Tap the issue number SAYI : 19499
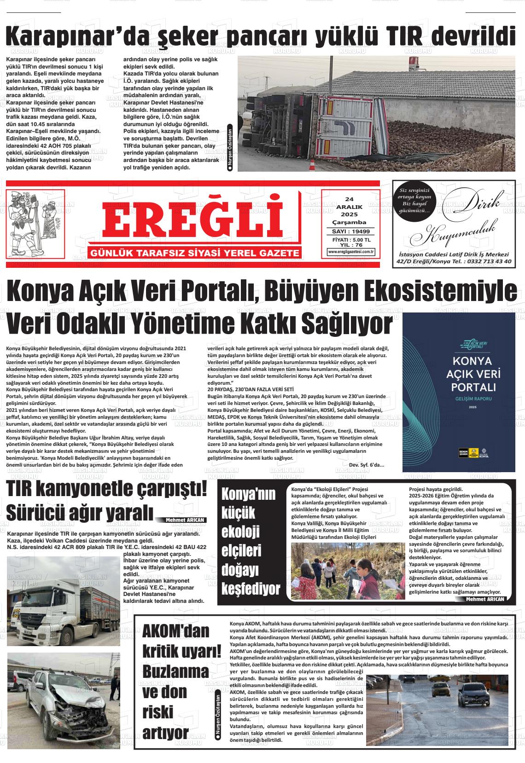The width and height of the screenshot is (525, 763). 351,231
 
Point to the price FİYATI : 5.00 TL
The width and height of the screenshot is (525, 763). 351,240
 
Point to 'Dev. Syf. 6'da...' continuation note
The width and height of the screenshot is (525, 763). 367,464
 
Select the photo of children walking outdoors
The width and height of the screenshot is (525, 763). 346,571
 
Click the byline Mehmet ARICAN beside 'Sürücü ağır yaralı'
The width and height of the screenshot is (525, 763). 186,520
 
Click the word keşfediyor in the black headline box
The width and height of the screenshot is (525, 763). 251,589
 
